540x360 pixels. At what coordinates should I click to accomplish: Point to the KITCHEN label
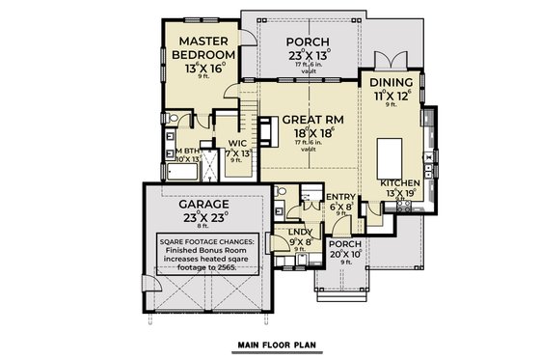398,181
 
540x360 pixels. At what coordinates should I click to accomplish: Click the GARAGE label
202,205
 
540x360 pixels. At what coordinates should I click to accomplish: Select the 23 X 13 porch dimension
309,57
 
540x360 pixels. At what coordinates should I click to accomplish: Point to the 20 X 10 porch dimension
344,255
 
